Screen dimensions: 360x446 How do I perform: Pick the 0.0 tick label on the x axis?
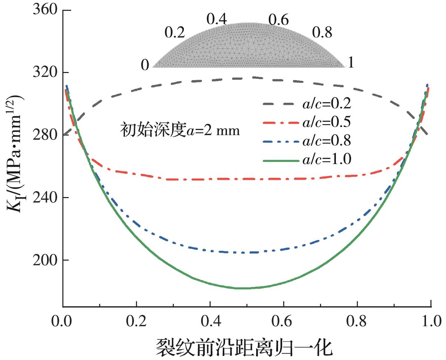point(63,320)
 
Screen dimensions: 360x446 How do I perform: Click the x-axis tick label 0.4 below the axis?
point(210,320)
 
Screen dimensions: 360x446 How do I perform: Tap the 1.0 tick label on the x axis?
point(430,320)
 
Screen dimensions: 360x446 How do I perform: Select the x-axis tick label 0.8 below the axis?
point(357,320)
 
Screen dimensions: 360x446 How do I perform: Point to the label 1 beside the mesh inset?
point(351,63)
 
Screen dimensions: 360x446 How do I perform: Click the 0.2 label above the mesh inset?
point(175,33)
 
